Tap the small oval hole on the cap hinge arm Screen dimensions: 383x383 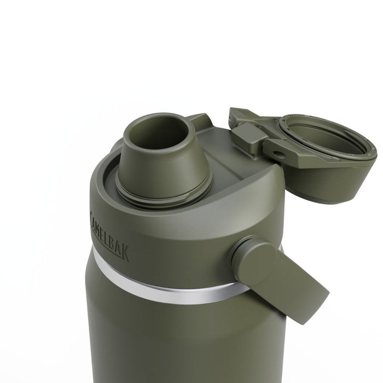click(x=278, y=155)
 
